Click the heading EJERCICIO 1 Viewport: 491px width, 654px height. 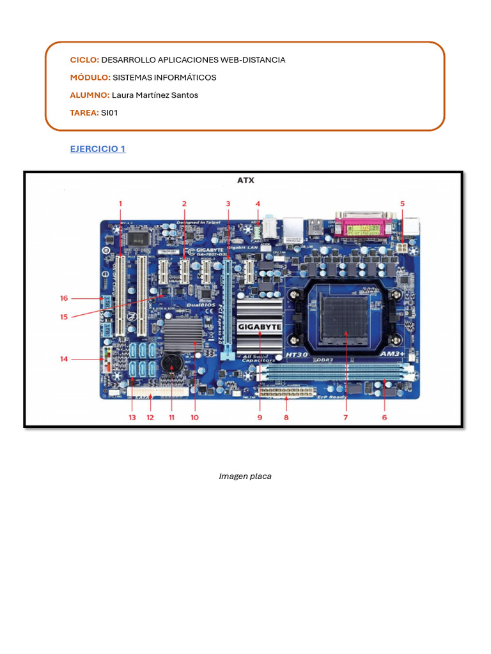tap(97, 149)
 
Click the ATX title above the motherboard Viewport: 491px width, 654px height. tap(245, 181)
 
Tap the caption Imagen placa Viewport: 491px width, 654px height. tap(245, 476)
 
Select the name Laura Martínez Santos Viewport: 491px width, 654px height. tap(155, 95)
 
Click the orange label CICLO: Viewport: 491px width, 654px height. tap(84, 60)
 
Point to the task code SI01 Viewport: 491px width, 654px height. tap(110, 113)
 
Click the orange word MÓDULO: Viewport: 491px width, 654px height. tap(90, 77)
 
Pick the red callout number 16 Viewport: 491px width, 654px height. tap(64, 298)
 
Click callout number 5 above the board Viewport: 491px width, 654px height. tap(402, 204)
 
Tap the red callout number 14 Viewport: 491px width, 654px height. tap(64, 359)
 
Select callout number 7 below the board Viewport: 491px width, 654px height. tap(345, 418)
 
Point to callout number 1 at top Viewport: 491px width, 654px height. tap(120, 204)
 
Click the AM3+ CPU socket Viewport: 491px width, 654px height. tap(345, 316)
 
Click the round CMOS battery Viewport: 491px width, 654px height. tap(172, 363)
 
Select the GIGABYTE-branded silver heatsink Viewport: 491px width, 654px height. tap(260, 326)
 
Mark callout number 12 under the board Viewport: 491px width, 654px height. tap(150, 418)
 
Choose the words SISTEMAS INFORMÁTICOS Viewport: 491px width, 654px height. tap(164, 77)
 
